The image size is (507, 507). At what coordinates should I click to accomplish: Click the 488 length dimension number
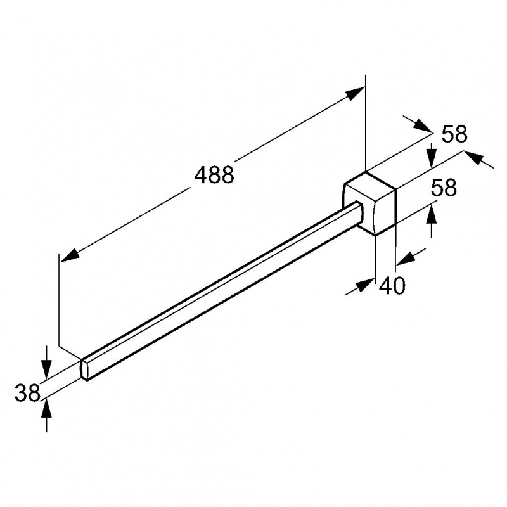pyautogui.click(x=214, y=175)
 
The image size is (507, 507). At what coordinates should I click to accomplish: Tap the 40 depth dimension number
pyautogui.click(x=392, y=286)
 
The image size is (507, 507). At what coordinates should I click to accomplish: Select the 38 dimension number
pyautogui.click(x=27, y=392)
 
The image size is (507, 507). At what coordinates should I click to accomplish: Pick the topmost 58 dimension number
pyautogui.click(x=454, y=134)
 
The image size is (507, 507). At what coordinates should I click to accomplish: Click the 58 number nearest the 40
pyautogui.click(x=444, y=187)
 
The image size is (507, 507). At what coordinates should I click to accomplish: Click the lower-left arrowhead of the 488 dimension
pyautogui.click(x=70, y=254)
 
